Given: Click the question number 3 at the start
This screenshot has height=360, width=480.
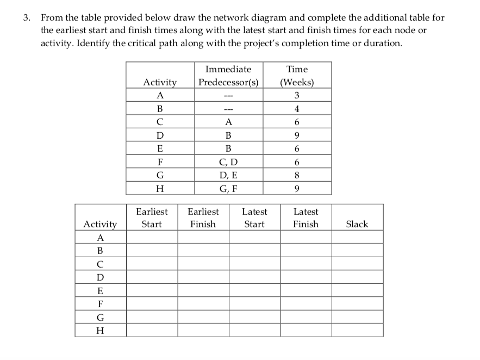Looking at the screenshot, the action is coord(26,17).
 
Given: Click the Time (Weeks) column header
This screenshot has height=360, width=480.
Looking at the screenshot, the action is coord(297,76).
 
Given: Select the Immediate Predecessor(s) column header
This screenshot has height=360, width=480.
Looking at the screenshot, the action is coord(228,76).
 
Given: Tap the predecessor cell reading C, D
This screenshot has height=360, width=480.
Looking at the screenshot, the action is coord(228,162).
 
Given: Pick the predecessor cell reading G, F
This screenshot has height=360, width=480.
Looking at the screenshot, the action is coord(228,188).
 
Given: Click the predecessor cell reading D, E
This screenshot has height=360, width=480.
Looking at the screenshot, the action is coord(228,175).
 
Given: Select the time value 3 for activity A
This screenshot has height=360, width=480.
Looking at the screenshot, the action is coord(297,95).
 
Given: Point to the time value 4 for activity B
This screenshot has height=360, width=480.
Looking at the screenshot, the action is coord(297,108).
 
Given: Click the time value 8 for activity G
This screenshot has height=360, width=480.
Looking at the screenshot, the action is coord(297,175).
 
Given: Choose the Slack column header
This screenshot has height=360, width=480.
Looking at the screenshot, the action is coord(357,224).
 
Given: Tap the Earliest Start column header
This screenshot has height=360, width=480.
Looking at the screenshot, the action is coord(152,218).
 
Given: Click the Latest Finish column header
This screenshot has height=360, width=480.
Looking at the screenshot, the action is coord(306,218).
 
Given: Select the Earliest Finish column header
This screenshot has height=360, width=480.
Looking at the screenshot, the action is coord(203,218).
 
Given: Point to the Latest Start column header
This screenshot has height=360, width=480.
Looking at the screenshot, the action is coord(254,218).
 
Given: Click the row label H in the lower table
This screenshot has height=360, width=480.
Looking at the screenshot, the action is coord(100,330).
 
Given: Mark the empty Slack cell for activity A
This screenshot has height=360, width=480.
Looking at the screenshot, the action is coord(357,237).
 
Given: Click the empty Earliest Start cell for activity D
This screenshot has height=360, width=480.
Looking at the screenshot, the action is coord(152,277).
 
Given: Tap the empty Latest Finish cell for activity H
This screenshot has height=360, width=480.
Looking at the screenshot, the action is coord(306,330).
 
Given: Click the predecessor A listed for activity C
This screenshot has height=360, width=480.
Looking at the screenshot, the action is coord(228,122).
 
